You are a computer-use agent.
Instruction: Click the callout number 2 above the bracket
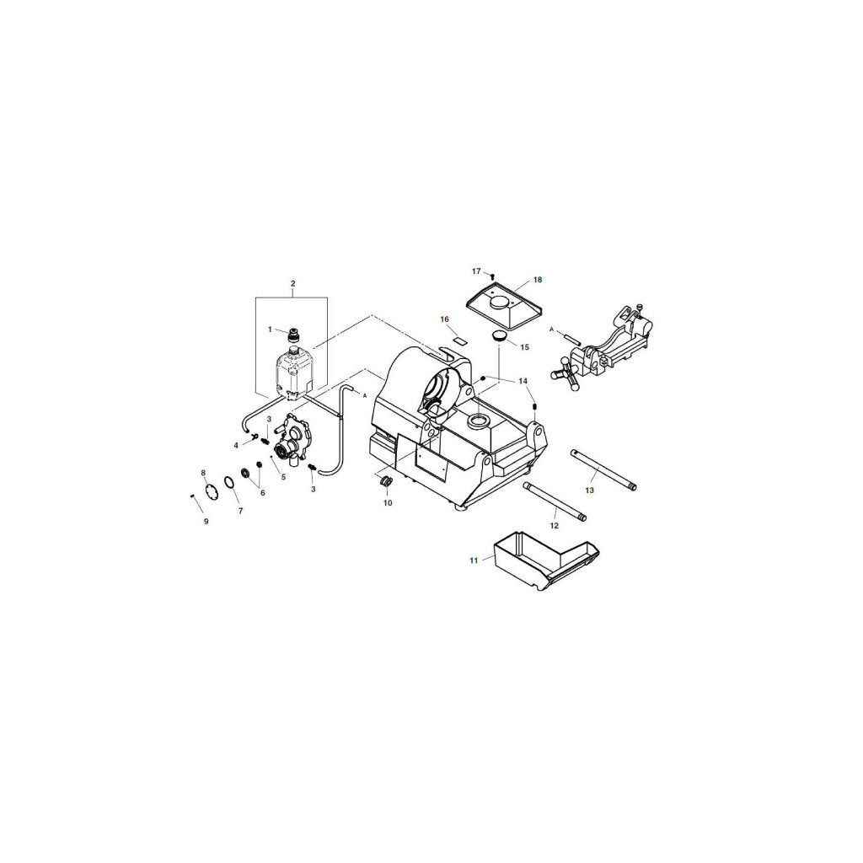click(x=292, y=283)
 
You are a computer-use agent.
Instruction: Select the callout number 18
click(x=538, y=280)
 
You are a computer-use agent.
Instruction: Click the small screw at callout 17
click(x=492, y=276)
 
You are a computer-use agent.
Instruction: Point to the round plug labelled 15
click(x=499, y=336)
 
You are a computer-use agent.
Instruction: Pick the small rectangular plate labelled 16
click(x=459, y=340)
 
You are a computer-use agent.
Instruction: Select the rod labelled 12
click(x=555, y=501)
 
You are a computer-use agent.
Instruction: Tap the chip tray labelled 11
click(x=545, y=569)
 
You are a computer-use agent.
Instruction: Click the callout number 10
click(x=388, y=503)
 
